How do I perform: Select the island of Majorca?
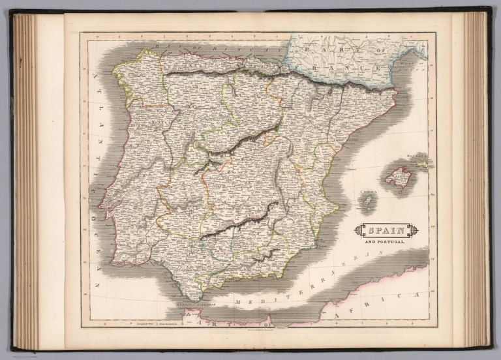pos(398,176)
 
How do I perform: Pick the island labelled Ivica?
pos(367,203)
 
